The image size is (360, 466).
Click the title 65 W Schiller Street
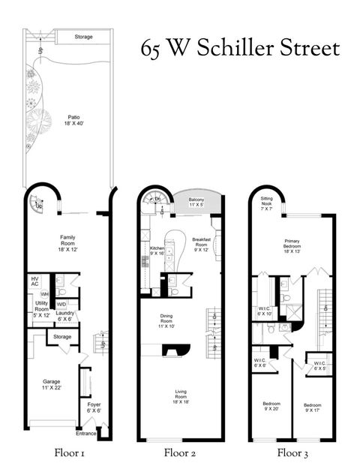(x=240, y=49)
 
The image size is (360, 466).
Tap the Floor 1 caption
(x=69, y=453)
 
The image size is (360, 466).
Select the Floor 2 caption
(x=180, y=453)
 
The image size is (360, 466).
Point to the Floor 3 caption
(x=292, y=453)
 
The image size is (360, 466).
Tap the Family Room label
(x=68, y=245)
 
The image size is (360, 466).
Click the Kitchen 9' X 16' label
(x=157, y=251)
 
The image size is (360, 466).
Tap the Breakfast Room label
(x=201, y=245)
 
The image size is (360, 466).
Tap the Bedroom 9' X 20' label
(x=267, y=406)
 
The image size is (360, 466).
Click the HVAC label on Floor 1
(x=34, y=281)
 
